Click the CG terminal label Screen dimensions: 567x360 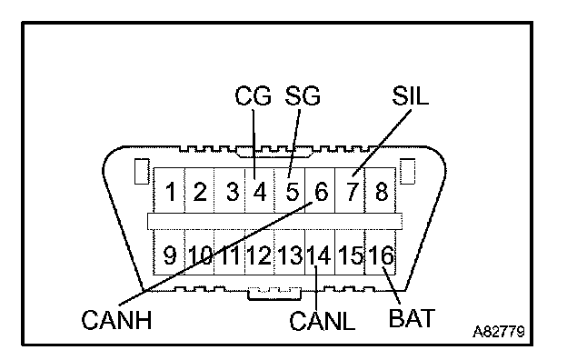point(253,95)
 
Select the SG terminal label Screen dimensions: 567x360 point(303,95)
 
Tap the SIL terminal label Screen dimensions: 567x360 point(411,95)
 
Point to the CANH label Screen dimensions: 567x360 point(116,320)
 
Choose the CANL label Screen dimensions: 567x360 point(323,321)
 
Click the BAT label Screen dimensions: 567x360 point(412,318)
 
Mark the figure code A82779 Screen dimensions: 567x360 point(499,332)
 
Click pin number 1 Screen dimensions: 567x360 point(171,192)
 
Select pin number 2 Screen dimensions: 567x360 point(200,192)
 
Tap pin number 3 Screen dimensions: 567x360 point(233,192)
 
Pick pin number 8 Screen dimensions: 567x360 point(382,192)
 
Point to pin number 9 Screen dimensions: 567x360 point(170,255)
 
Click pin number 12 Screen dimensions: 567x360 point(259,255)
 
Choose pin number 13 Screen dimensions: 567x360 point(291,255)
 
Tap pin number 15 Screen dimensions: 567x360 point(351,255)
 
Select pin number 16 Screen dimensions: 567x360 point(381,255)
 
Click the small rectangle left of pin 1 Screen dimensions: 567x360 point(142,171)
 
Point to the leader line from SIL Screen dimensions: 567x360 point(382,144)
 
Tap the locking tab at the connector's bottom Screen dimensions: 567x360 point(274,294)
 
